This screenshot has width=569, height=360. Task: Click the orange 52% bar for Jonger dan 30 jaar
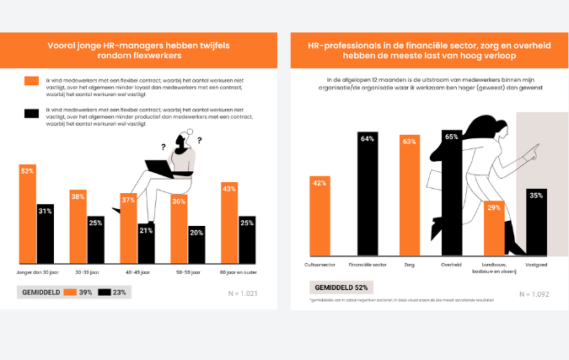click(x=27, y=215)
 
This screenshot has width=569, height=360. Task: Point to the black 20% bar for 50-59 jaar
click(x=196, y=245)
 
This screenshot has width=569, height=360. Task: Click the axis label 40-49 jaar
click(x=137, y=272)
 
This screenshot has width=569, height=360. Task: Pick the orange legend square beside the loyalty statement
click(x=31, y=81)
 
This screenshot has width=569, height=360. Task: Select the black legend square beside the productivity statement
click(x=31, y=114)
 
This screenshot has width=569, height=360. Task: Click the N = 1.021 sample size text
click(x=245, y=293)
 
